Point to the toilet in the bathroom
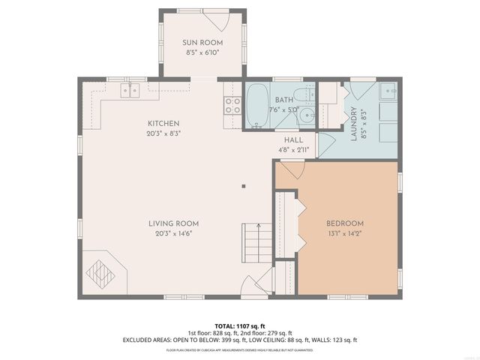click(303, 95)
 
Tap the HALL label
click(293, 139)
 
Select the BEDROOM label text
click(344, 223)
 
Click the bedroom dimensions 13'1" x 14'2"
click(344, 233)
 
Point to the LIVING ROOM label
click(172, 223)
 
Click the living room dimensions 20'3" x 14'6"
click(172, 233)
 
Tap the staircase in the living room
click(255, 244)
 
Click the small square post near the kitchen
click(242, 186)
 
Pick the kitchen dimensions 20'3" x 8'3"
click(163, 133)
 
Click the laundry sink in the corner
click(388, 92)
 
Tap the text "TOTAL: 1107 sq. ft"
click(239, 326)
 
